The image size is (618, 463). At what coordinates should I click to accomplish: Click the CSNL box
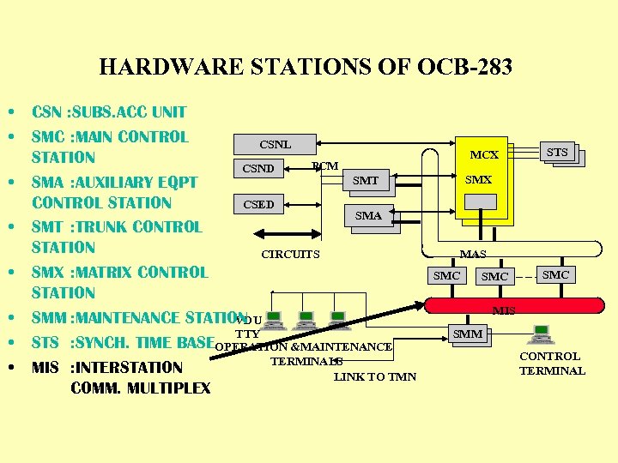pyautogui.click(x=275, y=145)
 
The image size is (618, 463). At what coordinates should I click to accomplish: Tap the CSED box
pyautogui.click(x=259, y=204)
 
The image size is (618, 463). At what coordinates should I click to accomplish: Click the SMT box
pyautogui.click(x=366, y=180)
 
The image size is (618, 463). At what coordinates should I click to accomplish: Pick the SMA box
pyautogui.click(x=368, y=216)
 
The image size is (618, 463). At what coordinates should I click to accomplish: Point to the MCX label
pyautogui.click(x=484, y=155)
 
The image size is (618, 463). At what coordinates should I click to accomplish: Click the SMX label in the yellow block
pyautogui.click(x=478, y=180)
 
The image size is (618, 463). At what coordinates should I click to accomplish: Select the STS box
pyautogui.click(x=557, y=153)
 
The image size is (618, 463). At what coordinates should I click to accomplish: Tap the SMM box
pyautogui.click(x=468, y=334)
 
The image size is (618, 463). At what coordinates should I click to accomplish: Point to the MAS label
pyautogui.click(x=473, y=254)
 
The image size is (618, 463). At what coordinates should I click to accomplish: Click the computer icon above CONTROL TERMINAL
pyautogui.click(x=542, y=334)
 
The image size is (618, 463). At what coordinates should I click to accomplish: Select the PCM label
pyautogui.click(x=324, y=165)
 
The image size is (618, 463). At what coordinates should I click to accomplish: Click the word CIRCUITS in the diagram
pyautogui.click(x=290, y=254)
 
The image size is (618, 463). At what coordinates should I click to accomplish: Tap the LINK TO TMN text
pyautogui.click(x=375, y=376)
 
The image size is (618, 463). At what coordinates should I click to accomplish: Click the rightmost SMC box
pyautogui.click(x=555, y=274)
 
